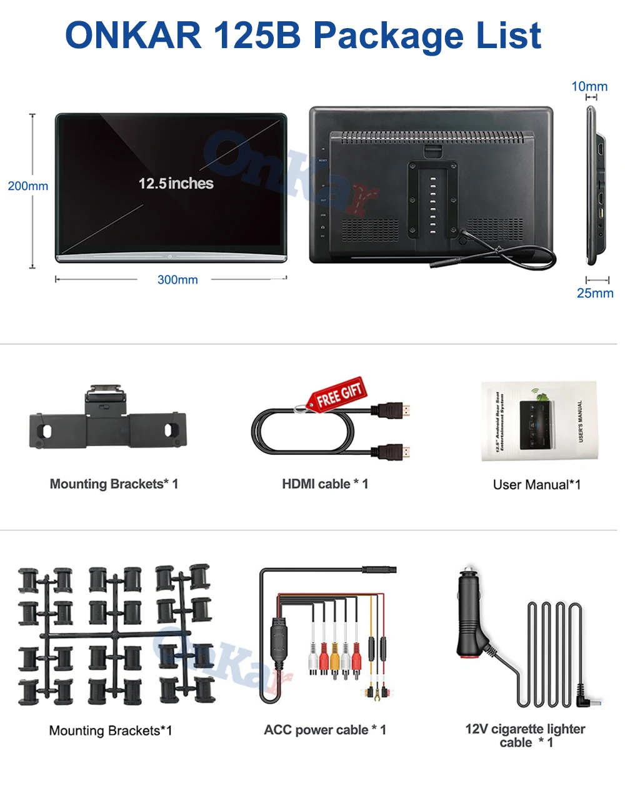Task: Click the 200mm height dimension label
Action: [28, 186]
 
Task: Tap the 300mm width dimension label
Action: [177, 280]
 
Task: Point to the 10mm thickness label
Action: [589, 86]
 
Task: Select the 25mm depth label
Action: [595, 293]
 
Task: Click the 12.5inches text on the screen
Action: [176, 184]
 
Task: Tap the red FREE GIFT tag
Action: [338, 394]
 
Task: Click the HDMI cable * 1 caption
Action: [325, 484]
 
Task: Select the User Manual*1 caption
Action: [537, 485]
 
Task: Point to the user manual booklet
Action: [538, 422]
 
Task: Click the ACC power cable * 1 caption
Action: [325, 730]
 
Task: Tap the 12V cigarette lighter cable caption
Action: [525, 735]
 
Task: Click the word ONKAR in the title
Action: [133, 36]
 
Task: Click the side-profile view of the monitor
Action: [594, 186]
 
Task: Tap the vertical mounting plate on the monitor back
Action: [431, 200]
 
